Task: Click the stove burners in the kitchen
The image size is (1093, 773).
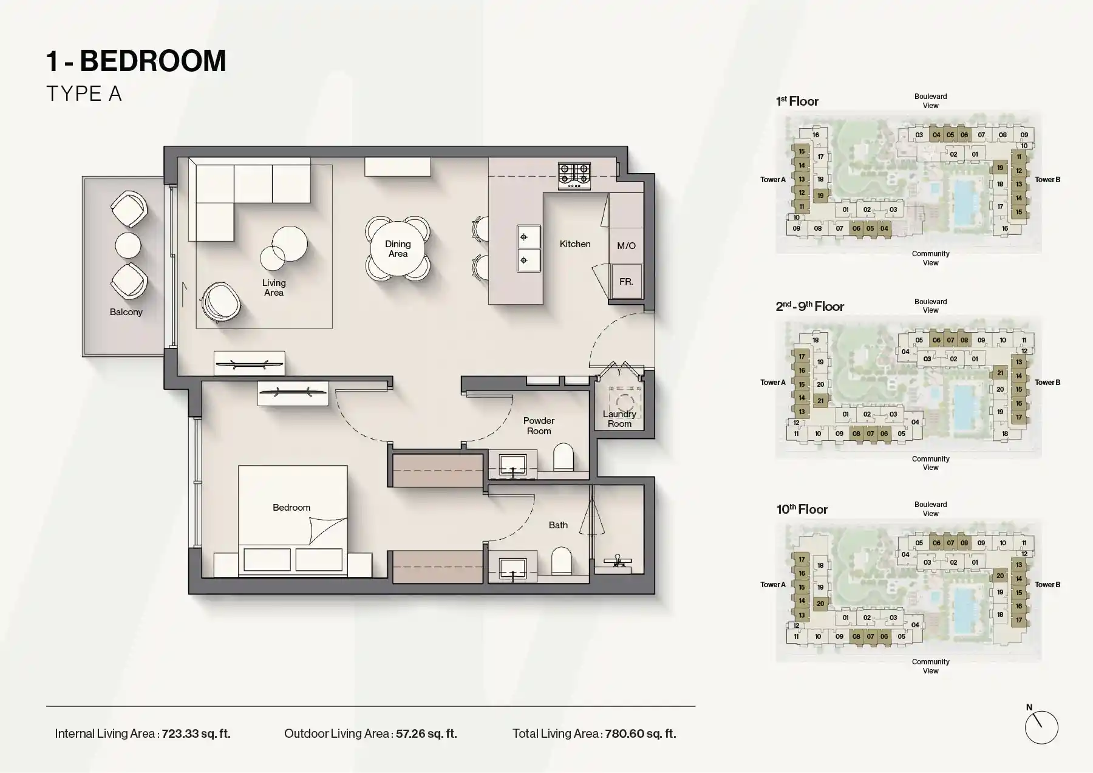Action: [x=574, y=174]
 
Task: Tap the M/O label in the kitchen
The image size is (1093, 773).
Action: [x=626, y=245]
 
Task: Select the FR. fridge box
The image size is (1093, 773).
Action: [x=626, y=282]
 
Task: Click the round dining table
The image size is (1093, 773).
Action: [x=398, y=248]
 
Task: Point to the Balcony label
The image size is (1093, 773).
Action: [x=126, y=312]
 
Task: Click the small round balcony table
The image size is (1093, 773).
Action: [x=128, y=246]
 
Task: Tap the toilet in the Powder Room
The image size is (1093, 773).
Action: [x=563, y=457]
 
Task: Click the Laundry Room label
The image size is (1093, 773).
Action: [x=619, y=419]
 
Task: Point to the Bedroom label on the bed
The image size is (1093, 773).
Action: [x=291, y=508]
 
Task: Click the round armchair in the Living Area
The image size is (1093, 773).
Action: [x=219, y=302]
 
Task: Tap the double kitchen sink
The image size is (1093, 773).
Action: [x=528, y=248]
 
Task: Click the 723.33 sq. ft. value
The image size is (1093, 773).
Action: [x=196, y=734]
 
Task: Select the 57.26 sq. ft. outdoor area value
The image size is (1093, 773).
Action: [x=426, y=734]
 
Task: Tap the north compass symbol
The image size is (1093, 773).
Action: [x=1041, y=726]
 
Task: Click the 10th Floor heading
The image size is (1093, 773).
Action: [x=802, y=509]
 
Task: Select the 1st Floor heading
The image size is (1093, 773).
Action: [x=797, y=101]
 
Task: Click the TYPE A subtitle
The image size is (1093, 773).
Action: [x=84, y=94]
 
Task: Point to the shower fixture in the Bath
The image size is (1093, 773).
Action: [x=618, y=560]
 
